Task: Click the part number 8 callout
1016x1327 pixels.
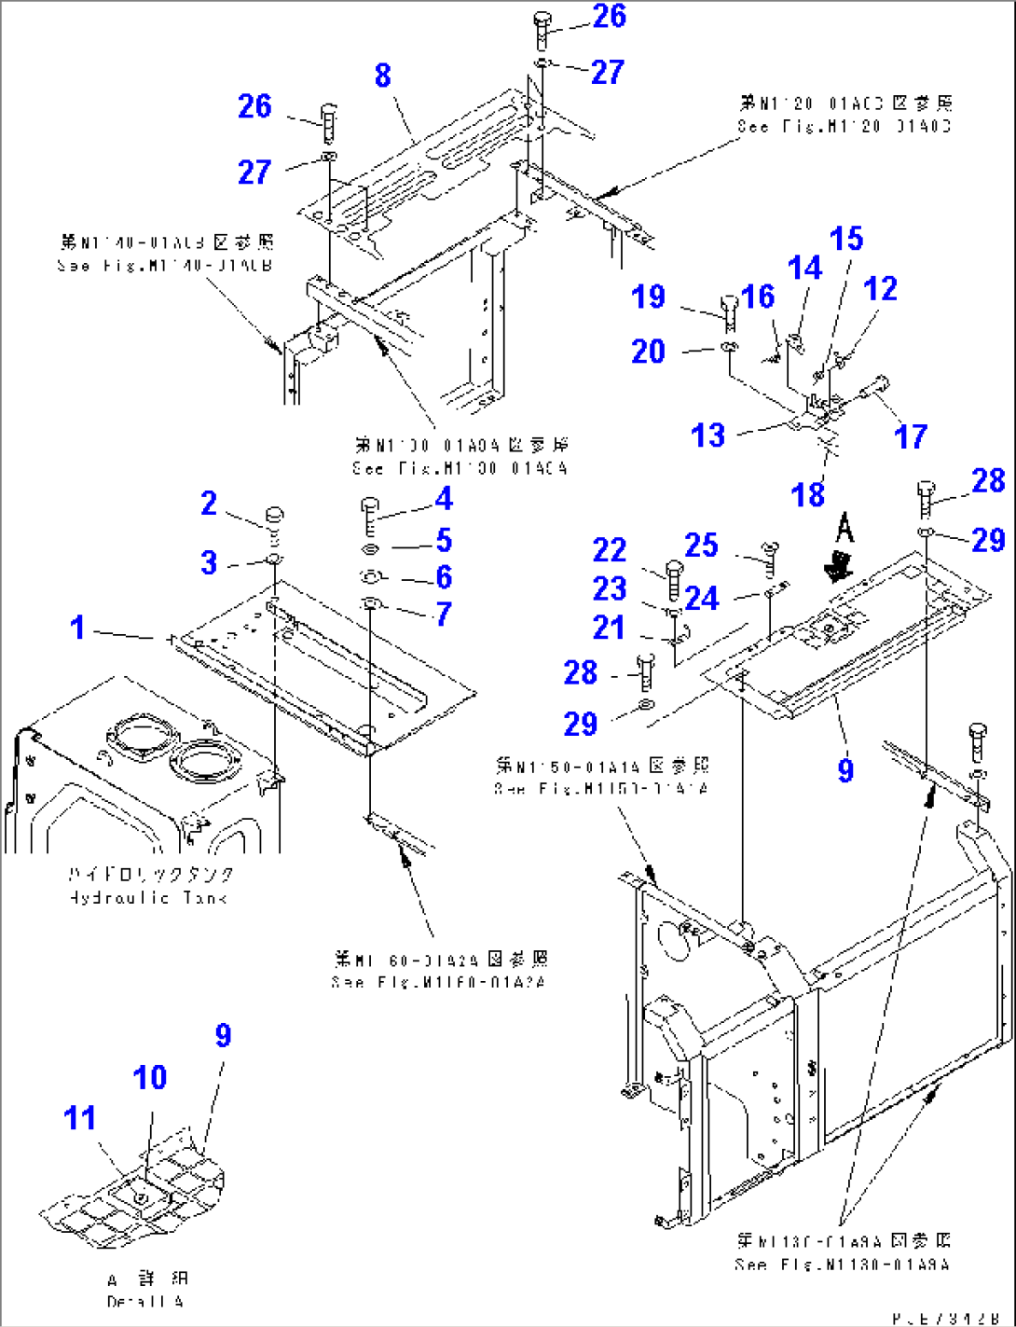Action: [382, 76]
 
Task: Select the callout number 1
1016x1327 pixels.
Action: [78, 628]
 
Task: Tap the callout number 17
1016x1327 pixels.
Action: [911, 435]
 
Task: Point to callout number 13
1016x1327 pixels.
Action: [708, 435]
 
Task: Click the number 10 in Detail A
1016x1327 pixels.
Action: [149, 1077]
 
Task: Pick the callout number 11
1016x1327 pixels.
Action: [80, 1117]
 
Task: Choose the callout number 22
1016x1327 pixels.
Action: [610, 549]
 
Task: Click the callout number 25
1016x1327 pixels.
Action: [701, 546]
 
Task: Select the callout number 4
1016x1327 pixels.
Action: [444, 499]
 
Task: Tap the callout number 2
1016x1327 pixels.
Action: [209, 504]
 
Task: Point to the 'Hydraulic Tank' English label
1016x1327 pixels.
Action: [148, 898]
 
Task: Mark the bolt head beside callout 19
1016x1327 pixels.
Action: [729, 305]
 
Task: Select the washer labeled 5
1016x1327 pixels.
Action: [369, 548]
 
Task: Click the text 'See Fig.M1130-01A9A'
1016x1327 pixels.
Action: [842, 1265]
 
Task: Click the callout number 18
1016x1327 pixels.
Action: [808, 494]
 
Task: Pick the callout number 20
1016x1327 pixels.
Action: [648, 352]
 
